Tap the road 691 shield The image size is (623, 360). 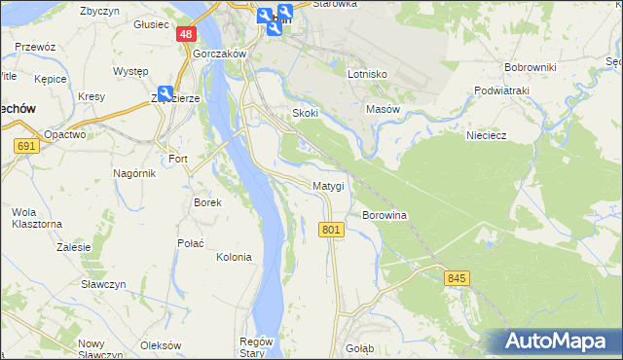tap(27, 146)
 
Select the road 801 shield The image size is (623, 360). tap(331, 230)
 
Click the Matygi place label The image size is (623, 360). tap(328, 186)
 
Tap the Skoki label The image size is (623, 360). tap(306, 113)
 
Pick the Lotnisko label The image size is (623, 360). tap(368, 74)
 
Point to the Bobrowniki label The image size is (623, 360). tap(530, 67)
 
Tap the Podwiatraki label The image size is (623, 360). tap(501, 90)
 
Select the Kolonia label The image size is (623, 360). tap(234, 258)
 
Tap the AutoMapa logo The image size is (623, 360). tap(556, 341)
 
